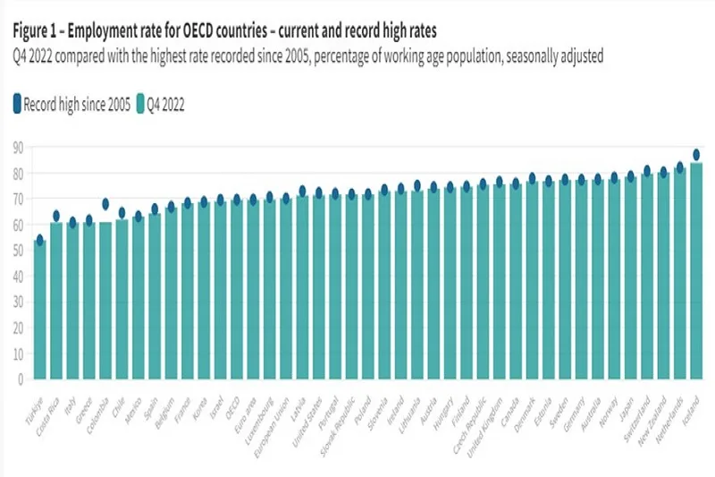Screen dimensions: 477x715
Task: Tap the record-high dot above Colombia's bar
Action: click(105, 204)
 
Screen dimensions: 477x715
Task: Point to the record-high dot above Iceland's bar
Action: click(696, 154)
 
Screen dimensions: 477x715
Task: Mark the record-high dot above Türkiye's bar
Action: click(39, 240)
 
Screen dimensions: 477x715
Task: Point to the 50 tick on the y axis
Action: click(17, 250)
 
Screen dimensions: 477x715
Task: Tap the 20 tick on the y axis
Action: click(17, 327)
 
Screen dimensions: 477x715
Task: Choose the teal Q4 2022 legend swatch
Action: click(140, 104)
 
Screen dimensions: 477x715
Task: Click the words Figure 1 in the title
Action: click(38, 32)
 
